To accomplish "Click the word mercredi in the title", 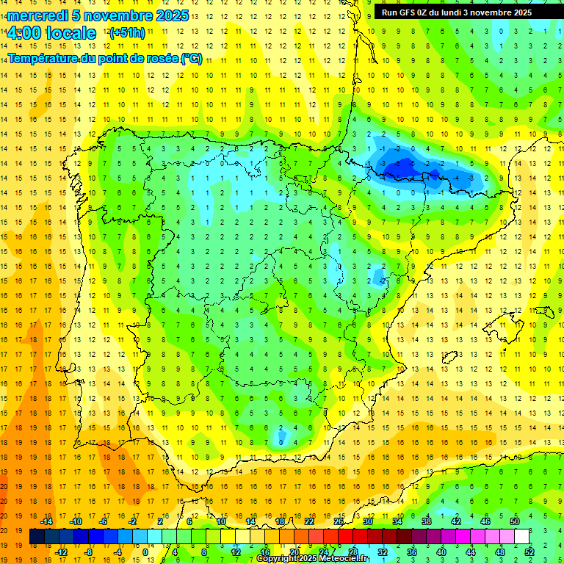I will click(37, 15).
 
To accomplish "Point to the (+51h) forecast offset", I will click(127, 33).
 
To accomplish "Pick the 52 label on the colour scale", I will click(529, 552).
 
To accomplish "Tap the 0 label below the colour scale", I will click(145, 552).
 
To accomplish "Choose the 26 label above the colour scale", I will click(339, 521).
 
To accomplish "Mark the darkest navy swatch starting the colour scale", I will click(37, 537).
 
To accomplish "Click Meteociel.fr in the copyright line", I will click(345, 559).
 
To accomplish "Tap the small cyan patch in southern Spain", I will click(281, 438).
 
